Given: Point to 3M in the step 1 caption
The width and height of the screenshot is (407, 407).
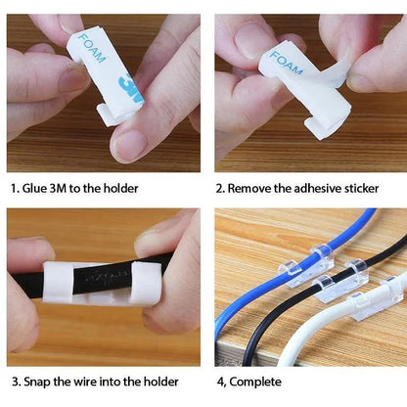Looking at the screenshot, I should coord(71,188).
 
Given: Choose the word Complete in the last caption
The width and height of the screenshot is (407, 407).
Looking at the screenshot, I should coord(260,381).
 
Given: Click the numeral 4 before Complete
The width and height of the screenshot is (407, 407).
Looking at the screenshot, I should coord(219,381).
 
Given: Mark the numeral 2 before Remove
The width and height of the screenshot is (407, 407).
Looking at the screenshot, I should coord(219,188).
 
